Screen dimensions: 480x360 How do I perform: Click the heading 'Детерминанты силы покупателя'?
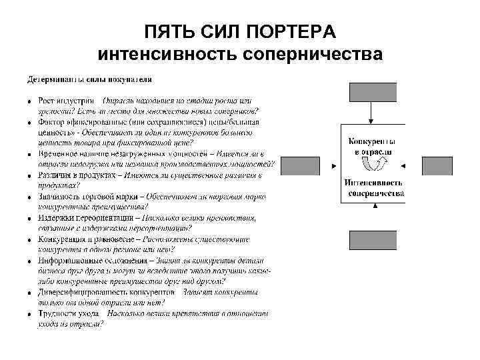point(84,79)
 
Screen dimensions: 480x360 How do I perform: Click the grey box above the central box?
point(373,92)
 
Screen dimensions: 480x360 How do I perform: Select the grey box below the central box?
point(373,239)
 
